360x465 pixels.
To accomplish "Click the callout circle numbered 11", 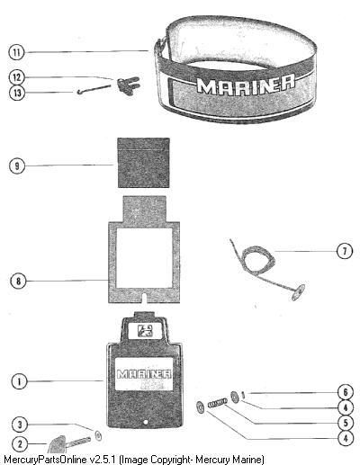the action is point(16,52).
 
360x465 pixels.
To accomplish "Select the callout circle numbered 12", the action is point(16,77).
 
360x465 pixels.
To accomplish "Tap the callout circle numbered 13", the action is point(17,93).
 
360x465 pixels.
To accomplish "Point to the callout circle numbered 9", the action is point(17,165).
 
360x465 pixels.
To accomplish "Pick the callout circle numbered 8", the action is point(18,282).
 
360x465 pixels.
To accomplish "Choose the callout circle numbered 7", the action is point(344,251).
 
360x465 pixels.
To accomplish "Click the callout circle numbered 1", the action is point(20,381).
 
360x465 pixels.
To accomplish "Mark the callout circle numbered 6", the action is point(346,392).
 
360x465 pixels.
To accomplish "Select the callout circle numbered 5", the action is point(346,423).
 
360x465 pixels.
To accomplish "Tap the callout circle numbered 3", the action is point(20,425).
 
